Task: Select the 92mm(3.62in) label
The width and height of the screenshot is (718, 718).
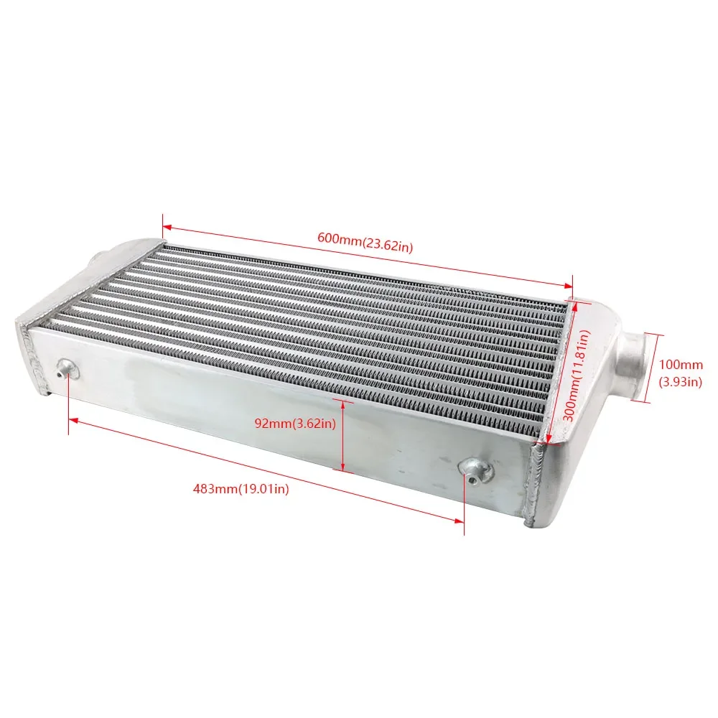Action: pyautogui.click(x=295, y=423)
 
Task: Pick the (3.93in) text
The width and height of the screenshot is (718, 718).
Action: pyautogui.click(x=680, y=382)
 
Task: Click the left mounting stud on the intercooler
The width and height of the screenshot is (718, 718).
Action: pyautogui.click(x=66, y=370)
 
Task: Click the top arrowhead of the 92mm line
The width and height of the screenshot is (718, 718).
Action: pyautogui.click(x=343, y=405)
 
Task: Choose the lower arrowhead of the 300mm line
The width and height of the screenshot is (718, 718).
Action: pyautogui.click(x=549, y=440)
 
